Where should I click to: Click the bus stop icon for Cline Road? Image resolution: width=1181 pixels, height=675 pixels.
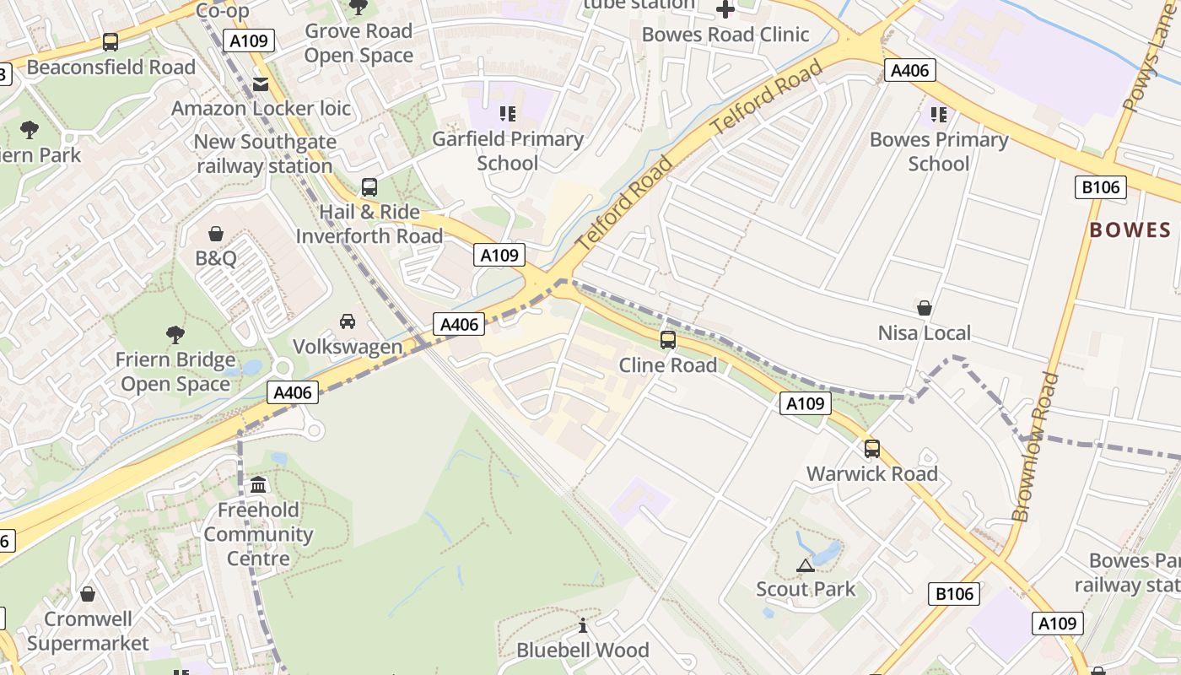(x=667, y=340)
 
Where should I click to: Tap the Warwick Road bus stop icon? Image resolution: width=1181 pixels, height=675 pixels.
(x=871, y=449)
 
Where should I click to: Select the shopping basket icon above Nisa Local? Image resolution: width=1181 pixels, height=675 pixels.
(x=925, y=308)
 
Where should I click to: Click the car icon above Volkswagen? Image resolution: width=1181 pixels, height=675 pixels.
(x=347, y=321)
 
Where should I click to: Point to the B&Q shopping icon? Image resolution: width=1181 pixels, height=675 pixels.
(x=216, y=234)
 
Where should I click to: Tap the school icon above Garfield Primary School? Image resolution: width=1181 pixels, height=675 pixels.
(x=507, y=113)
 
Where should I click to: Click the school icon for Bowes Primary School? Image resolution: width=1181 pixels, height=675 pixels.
(x=938, y=114)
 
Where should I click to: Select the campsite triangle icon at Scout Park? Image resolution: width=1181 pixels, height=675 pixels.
(x=805, y=564)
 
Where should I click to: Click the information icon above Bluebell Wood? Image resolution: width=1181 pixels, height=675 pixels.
(x=582, y=625)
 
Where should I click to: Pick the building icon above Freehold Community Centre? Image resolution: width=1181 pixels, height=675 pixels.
(x=258, y=485)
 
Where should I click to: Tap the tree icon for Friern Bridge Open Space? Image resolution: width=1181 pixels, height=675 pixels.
(x=175, y=335)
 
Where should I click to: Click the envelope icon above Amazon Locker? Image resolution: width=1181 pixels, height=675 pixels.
(x=260, y=84)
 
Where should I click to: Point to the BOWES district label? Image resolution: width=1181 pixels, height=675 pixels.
(x=1130, y=230)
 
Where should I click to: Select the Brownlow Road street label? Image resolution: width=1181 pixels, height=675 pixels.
(x=1035, y=447)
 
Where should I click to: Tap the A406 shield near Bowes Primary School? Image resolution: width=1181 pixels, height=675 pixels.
(x=909, y=70)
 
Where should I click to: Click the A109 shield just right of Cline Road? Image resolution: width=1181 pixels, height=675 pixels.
(x=804, y=403)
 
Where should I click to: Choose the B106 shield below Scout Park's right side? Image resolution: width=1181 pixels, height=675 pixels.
(x=954, y=594)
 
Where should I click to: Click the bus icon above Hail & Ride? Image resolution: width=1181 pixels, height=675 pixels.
(x=369, y=187)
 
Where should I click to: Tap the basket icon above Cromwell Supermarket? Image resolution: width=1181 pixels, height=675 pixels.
(x=88, y=595)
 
